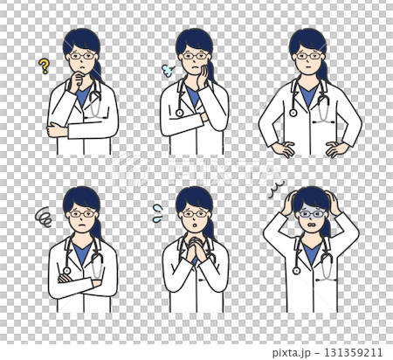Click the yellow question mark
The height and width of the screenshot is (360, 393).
[x=44, y=65]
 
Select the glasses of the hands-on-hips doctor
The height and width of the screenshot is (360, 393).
[x=309, y=56]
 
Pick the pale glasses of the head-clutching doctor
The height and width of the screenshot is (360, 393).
[x=309, y=213]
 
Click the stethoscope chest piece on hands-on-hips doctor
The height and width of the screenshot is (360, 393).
[x=293, y=112]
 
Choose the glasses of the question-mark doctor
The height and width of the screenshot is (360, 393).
[x=81, y=56]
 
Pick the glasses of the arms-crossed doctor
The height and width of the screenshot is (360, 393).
[x=81, y=213]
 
